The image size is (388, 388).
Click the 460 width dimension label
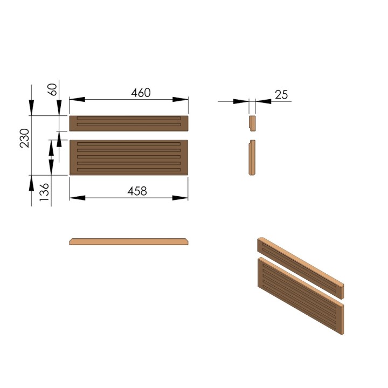tap(141, 92)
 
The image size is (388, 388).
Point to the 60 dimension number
tap(53, 89)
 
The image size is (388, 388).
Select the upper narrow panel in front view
tap(129, 123)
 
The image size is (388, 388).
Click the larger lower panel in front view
tap(129, 157)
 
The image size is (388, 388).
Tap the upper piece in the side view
tap(251, 123)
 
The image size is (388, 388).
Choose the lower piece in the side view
tap(251, 157)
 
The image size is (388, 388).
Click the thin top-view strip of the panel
tap(129, 241)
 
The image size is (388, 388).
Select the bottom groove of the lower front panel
tap(129, 170)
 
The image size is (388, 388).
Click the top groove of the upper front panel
tap(129, 119)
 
